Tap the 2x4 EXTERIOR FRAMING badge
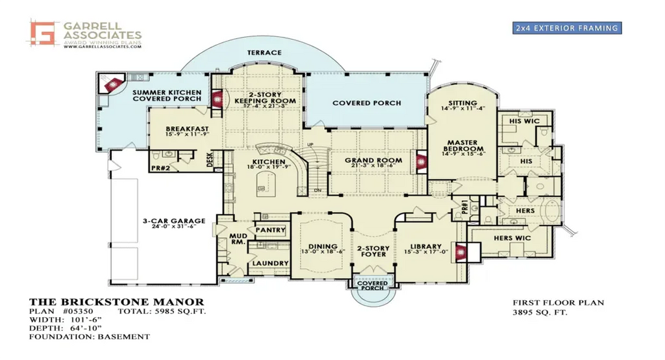point(566,28)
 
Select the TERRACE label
point(264,53)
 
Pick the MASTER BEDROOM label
point(462,146)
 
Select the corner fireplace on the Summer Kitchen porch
point(112,84)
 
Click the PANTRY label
point(270,230)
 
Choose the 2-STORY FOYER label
point(373,250)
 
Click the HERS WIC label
point(512,238)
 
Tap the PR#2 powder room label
point(160,168)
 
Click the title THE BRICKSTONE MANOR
point(117,302)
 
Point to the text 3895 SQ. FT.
point(540,313)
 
